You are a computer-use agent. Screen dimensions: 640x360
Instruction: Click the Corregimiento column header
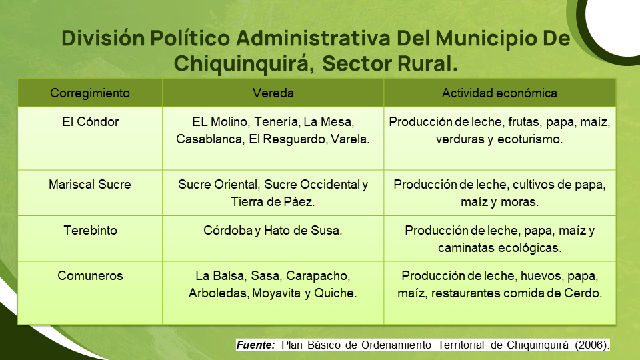click(90, 93)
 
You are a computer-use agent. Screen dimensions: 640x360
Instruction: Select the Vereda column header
click(273, 93)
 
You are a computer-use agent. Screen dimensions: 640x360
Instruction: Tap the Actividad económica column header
click(499, 93)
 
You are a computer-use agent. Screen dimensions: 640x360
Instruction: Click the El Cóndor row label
click(90, 121)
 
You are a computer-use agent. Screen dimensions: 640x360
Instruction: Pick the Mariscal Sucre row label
click(90, 184)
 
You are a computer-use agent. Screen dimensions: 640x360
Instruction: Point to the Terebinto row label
click(90, 230)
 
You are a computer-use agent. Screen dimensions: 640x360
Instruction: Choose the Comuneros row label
click(90, 275)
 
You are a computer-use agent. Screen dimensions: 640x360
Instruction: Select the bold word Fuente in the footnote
click(255, 345)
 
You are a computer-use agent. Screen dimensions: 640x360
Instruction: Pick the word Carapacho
click(318, 276)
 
